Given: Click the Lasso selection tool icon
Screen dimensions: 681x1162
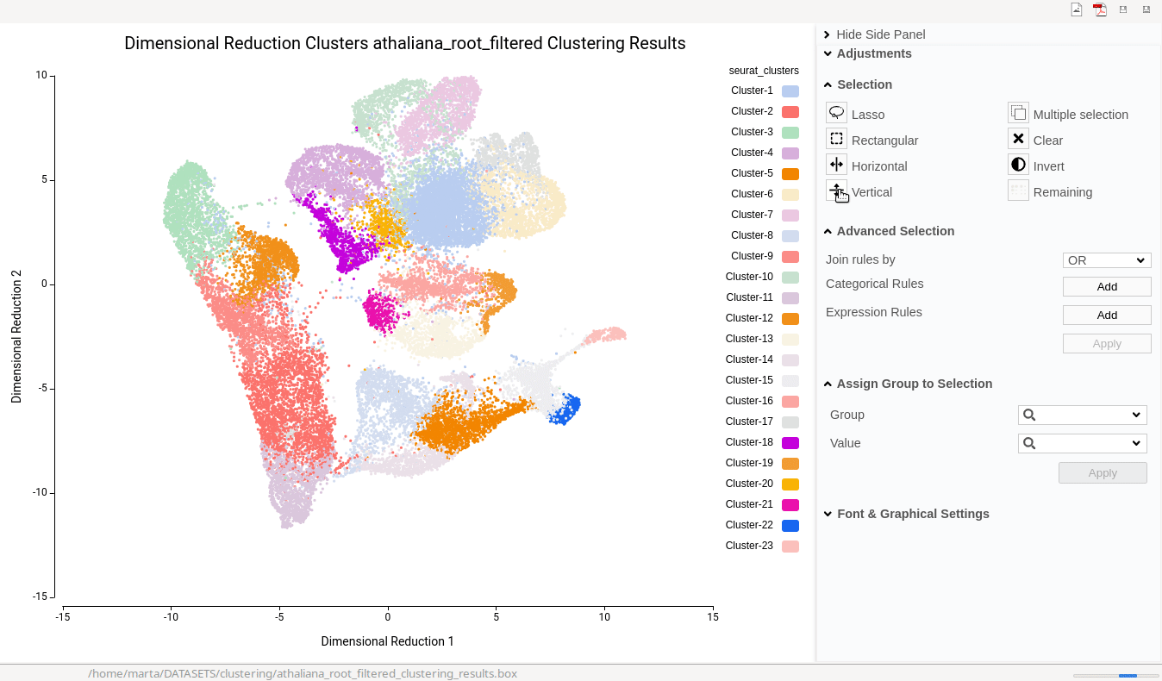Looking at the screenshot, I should (x=836, y=113).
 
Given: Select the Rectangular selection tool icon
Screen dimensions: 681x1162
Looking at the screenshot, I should (x=836, y=139).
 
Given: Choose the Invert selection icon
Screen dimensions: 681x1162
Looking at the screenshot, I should (x=1018, y=165).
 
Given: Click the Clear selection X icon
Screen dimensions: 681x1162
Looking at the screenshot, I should (x=1018, y=139).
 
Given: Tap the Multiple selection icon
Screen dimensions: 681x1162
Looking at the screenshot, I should (x=1018, y=113).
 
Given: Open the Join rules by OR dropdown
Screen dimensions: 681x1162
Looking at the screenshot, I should (x=1107, y=260).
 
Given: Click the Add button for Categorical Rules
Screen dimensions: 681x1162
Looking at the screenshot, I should (x=1107, y=287).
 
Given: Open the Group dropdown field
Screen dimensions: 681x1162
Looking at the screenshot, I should (x=1082, y=415).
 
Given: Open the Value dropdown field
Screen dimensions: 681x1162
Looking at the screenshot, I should (x=1082, y=444).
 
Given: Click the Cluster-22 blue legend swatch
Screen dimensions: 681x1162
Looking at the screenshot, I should (x=790, y=526).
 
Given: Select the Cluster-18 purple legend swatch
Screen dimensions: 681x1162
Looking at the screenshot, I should (x=790, y=443).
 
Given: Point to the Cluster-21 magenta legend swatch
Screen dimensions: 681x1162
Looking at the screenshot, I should (x=790, y=505).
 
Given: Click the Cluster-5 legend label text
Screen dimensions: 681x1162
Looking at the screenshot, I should (x=752, y=173).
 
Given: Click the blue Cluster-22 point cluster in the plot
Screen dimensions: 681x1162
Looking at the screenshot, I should (x=565, y=409).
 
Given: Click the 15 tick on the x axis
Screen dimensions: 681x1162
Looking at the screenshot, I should (x=712, y=617).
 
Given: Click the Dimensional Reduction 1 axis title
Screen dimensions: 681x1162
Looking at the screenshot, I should (x=387, y=641).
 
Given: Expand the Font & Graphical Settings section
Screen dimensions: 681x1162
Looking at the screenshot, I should (x=912, y=514).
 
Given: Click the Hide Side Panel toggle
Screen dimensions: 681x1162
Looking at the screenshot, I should (x=880, y=34).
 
